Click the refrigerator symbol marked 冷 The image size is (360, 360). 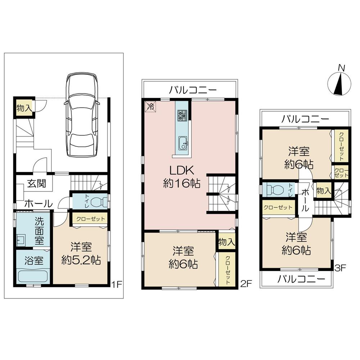click(151, 106)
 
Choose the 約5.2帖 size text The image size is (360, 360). click(81, 260)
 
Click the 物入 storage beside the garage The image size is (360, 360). click(24, 108)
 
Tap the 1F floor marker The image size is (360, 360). click(117, 284)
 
